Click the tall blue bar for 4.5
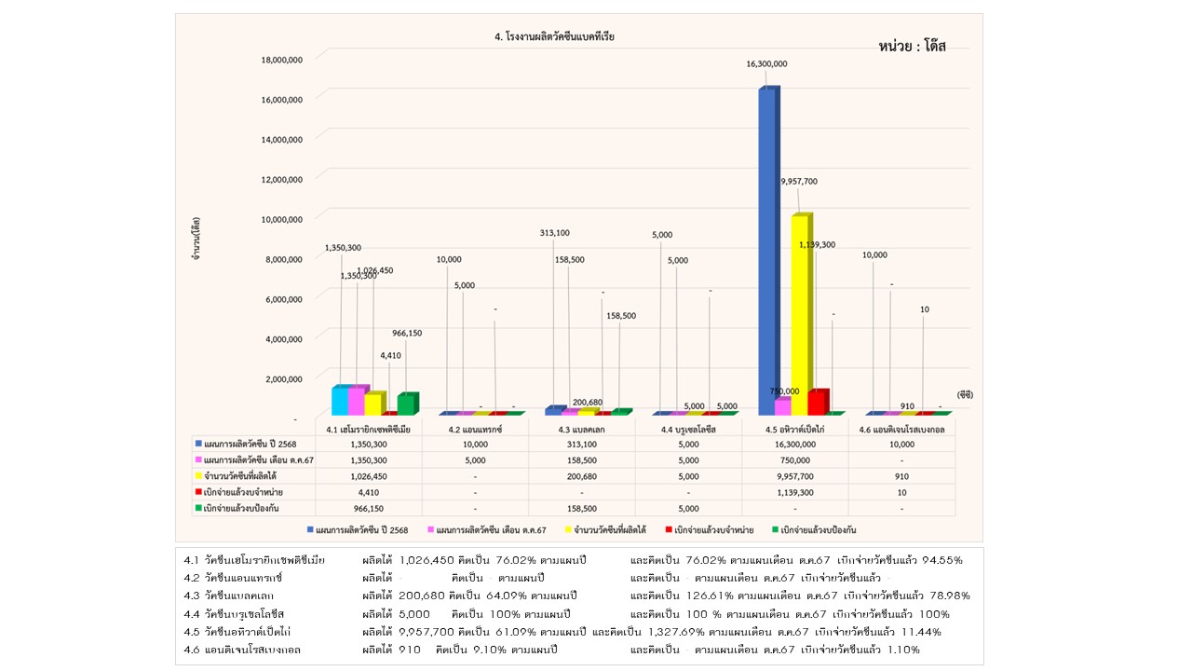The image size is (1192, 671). pos(768,252)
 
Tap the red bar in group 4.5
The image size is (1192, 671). pos(817,402)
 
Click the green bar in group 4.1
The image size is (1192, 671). pos(406,404)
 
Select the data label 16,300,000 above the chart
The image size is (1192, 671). pos(766,64)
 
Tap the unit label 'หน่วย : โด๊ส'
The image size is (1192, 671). pos(912,47)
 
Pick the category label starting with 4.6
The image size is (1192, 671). pos(901,430)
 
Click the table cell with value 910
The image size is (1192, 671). pos(901,475)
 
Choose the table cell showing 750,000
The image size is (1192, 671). pos(794,460)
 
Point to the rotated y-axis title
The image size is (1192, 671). pos(196,238)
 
